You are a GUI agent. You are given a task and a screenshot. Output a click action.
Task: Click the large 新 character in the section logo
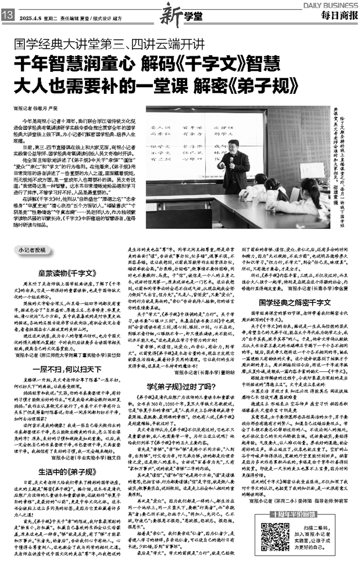click(168, 16)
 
